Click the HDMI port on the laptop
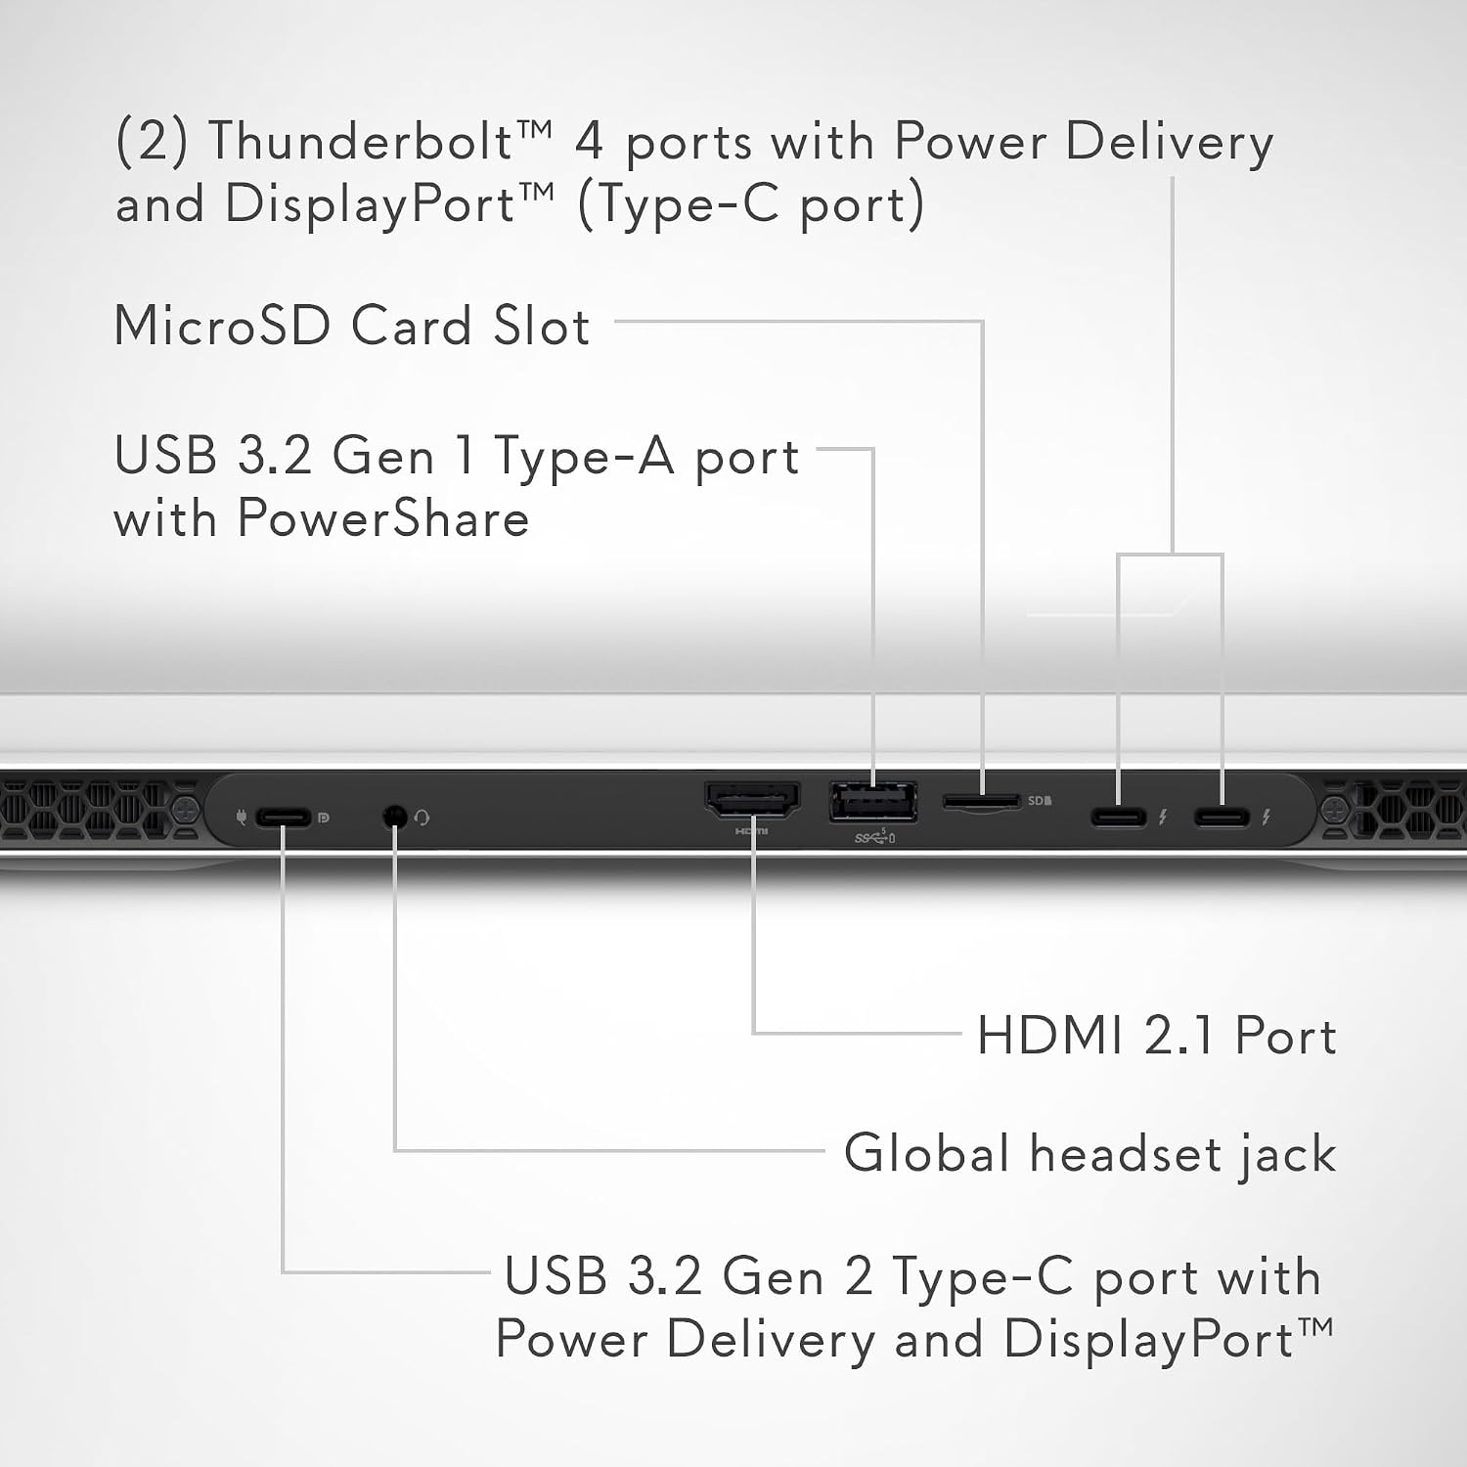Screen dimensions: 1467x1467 (x=752, y=799)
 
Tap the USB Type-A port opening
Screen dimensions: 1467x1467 (x=873, y=803)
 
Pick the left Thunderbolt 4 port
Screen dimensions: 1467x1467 (x=1119, y=816)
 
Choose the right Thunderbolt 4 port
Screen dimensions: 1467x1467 (x=1222, y=816)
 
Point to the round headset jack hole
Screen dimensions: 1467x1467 (x=395, y=815)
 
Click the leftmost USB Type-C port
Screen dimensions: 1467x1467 (x=284, y=817)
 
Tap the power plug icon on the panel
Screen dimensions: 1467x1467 (x=242, y=816)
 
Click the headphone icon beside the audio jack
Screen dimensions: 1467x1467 (x=422, y=818)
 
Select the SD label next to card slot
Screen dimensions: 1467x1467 (x=1040, y=801)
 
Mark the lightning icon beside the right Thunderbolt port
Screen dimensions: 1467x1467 (x=1267, y=816)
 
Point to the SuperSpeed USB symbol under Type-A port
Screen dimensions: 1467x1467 (x=873, y=836)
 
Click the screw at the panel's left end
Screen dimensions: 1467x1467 (x=186, y=811)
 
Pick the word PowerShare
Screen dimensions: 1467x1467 (x=383, y=518)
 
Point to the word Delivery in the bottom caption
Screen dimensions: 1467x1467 (x=771, y=1339)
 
